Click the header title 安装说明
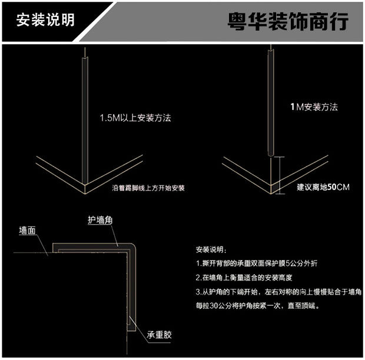click(x=45, y=19)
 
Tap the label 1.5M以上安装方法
click(x=138, y=117)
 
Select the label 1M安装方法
click(x=314, y=107)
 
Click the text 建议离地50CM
click(x=323, y=187)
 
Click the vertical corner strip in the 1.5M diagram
click(x=86, y=118)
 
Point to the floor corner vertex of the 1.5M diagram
click(x=86, y=188)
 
